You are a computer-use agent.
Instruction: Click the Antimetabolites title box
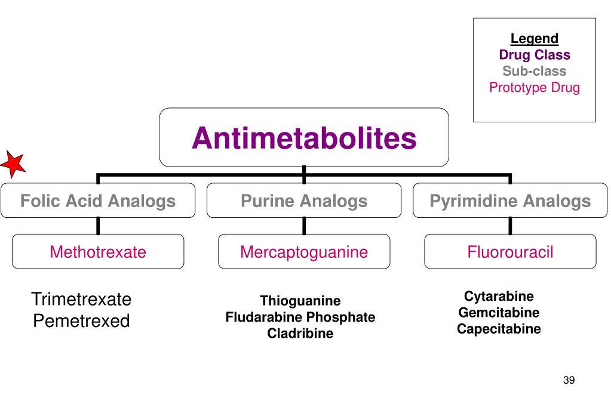coord(304,138)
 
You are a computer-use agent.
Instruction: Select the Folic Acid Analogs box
coord(98,201)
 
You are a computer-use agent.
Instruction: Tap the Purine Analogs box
coord(304,201)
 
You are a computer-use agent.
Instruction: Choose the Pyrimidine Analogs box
coord(510,201)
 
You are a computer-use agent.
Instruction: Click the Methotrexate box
coord(98,252)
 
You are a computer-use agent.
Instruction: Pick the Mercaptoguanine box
coord(304,252)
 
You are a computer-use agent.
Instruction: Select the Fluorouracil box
coord(510,252)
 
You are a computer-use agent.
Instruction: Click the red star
coord(13,164)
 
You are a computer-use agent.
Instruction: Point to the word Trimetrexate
coord(81,299)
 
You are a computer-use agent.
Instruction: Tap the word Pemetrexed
coord(81,321)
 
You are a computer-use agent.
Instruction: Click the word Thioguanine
coord(300,301)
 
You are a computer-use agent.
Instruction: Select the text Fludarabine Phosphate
coord(300,317)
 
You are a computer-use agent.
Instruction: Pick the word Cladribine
coord(300,334)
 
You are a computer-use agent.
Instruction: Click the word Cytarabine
coord(499,297)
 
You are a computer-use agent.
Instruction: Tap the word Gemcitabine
coord(499,313)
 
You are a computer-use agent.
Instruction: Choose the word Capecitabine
coord(499,329)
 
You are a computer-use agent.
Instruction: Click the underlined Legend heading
coord(535,39)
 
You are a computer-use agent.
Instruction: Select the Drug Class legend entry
coord(535,55)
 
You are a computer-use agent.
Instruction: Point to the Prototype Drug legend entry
coord(535,88)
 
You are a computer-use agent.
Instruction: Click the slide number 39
coord(569,381)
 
